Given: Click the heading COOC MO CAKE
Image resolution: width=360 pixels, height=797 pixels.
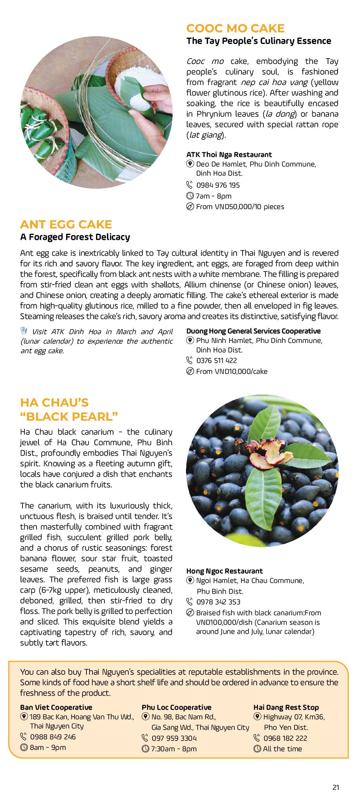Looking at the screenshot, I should (235, 28).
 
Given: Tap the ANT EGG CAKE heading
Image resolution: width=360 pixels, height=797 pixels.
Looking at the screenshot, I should (66, 224).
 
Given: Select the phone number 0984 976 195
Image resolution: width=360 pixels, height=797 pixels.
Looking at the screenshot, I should (218, 185).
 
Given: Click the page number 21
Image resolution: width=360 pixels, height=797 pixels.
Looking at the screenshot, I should (336, 787).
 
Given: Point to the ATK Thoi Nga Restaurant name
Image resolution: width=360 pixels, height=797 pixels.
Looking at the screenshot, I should (229, 155).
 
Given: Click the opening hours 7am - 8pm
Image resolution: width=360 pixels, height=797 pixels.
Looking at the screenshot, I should (213, 196).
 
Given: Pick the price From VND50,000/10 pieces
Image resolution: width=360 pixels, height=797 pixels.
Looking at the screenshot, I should (240, 207).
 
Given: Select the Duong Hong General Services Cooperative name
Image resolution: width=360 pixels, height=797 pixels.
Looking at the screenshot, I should (253, 331).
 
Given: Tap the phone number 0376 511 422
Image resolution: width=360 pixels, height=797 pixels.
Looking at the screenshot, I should (216, 361).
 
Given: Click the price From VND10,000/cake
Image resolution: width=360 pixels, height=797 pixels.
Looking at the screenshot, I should (231, 371).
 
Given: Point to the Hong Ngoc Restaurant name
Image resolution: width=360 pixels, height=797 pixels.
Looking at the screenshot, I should (224, 571).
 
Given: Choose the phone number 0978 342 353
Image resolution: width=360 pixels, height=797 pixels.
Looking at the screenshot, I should (218, 602).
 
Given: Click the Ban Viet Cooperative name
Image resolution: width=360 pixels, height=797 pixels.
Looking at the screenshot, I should (56, 707).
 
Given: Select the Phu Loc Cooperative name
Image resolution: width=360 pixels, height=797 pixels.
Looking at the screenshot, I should (176, 707).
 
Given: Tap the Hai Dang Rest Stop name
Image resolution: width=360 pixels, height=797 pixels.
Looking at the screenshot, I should (286, 707).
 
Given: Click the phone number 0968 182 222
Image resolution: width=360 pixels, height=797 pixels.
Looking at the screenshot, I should (285, 738).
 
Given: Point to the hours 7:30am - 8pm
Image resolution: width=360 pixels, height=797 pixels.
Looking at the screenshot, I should (174, 749).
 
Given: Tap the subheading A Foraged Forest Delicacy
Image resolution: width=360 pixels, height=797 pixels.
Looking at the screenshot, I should (75, 237).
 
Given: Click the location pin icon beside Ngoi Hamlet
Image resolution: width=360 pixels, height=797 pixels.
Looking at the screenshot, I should (190, 580).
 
